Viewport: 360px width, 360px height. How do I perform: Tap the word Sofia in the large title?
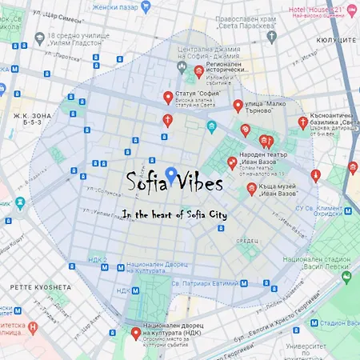(x=146, y=179)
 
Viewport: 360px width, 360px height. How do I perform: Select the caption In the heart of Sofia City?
(x=180, y=214)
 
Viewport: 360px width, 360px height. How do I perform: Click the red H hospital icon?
(x=33, y=328)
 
